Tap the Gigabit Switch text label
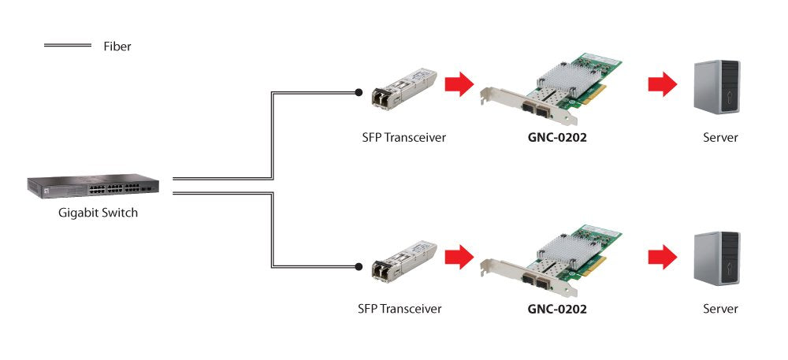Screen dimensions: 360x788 coord(98,213)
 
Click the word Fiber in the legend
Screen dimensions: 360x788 coord(117,46)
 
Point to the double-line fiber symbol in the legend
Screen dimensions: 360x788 coord(68,46)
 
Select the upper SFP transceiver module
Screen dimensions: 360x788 coord(403,87)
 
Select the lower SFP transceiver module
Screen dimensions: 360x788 coord(403,258)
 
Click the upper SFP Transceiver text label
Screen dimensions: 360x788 coord(399,138)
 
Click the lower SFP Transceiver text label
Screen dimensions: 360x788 coord(399,309)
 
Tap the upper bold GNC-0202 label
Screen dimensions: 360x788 coord(557,138)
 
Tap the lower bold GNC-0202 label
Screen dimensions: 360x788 coord(557,309)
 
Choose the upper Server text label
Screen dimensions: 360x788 coord(720,138)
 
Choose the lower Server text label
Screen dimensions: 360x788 coord(720,309)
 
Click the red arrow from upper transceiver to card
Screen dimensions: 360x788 coord(458,84)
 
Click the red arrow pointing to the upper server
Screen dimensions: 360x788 coord(662,84)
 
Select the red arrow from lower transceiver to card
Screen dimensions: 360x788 coord(458,255)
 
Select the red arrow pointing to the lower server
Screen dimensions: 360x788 coord(662,255)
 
